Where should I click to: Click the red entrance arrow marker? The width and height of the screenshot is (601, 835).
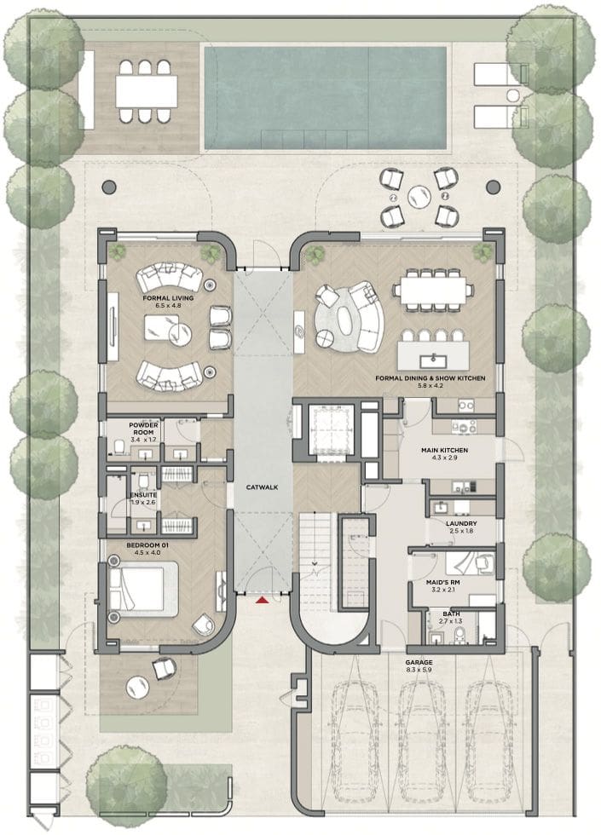(262, 601)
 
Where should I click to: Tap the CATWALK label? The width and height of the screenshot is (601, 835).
(263, 487)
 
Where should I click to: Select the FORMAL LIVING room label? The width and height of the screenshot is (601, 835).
(168, 298)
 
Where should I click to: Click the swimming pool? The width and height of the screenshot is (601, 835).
(326, 98)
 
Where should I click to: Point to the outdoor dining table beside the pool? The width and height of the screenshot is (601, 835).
(147, 91)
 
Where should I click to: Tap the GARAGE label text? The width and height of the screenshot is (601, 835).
(419, 663)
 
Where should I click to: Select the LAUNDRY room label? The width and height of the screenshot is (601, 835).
(461, 524)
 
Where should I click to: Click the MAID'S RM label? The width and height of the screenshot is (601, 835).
(442, 583)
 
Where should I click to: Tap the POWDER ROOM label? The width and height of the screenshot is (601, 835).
(143, 429)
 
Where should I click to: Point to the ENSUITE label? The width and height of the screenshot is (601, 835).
(143, 495)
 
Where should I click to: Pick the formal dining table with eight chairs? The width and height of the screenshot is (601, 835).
(434, 290)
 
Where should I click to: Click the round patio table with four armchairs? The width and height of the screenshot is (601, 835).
(419, 197)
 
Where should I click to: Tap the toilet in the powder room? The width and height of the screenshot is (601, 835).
(119, 446)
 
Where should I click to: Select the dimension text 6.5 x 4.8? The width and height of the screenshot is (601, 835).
(168, 306)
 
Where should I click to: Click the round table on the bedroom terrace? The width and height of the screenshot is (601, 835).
(138, 688)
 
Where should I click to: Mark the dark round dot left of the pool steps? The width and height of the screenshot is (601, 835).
(109, 187)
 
